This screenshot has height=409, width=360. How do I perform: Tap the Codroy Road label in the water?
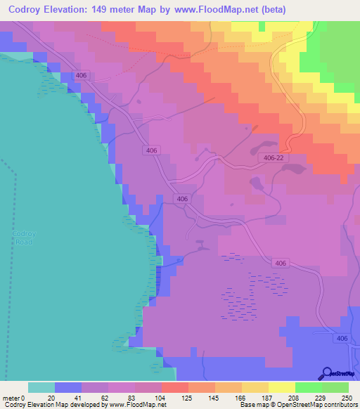point(22,238)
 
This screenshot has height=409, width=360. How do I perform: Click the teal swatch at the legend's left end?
point(41,387)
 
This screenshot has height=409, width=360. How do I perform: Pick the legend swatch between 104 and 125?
point(174,387)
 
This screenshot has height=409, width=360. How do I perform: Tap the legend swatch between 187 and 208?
point(281,387)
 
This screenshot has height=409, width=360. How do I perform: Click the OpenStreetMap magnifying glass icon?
point(326,373)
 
